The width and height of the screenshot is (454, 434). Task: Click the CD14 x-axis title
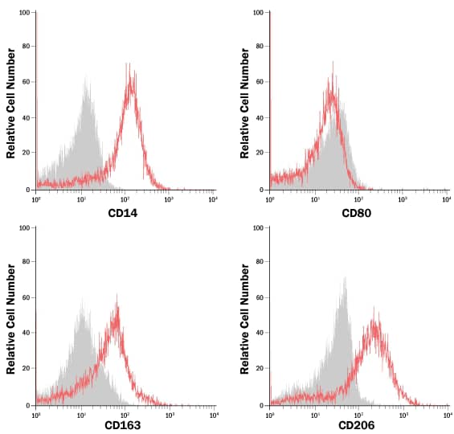[x=125, y=213]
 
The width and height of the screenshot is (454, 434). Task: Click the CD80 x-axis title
[x=358, y=213]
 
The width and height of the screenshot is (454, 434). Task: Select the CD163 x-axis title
[x=125, y=426]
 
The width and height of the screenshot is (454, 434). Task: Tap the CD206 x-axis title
[x=358, y=426]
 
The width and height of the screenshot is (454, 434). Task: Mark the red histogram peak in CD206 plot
[x=374, y=309]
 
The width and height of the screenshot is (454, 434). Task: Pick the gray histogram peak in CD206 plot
[x=345, y=279]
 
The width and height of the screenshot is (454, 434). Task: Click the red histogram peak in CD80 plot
[x=332, y=63]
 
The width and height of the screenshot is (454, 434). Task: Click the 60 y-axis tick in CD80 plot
[x=260, y=81]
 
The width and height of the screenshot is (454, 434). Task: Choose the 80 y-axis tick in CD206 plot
[x=260, y=262]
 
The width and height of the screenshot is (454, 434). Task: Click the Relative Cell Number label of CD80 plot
[x=246, y=101]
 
